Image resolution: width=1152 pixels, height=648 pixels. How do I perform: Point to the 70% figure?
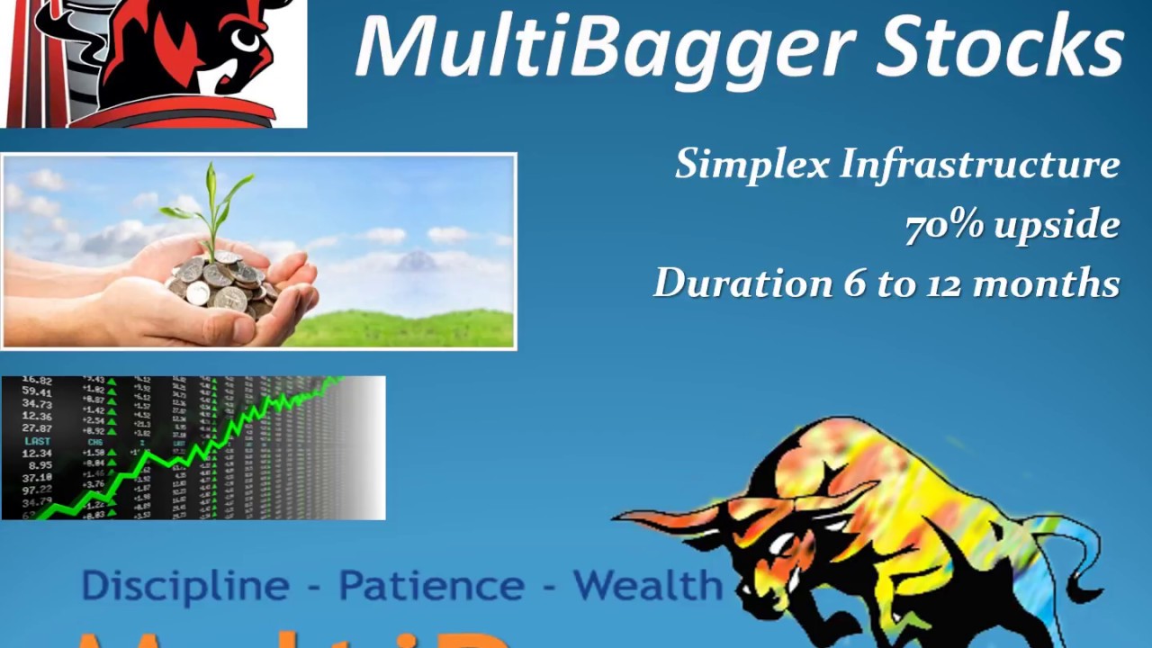point(944,225)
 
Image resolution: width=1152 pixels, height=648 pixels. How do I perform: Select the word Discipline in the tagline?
point(185,586)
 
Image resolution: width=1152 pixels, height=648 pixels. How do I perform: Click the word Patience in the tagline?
point(431,586)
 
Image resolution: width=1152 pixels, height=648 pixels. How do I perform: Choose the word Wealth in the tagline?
point(648,585)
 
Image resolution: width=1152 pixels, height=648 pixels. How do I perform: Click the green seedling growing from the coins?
point(213,202)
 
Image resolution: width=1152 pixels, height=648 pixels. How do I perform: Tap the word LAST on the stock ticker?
point(38,441)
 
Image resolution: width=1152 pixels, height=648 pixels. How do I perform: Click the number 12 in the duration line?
point(943,283)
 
